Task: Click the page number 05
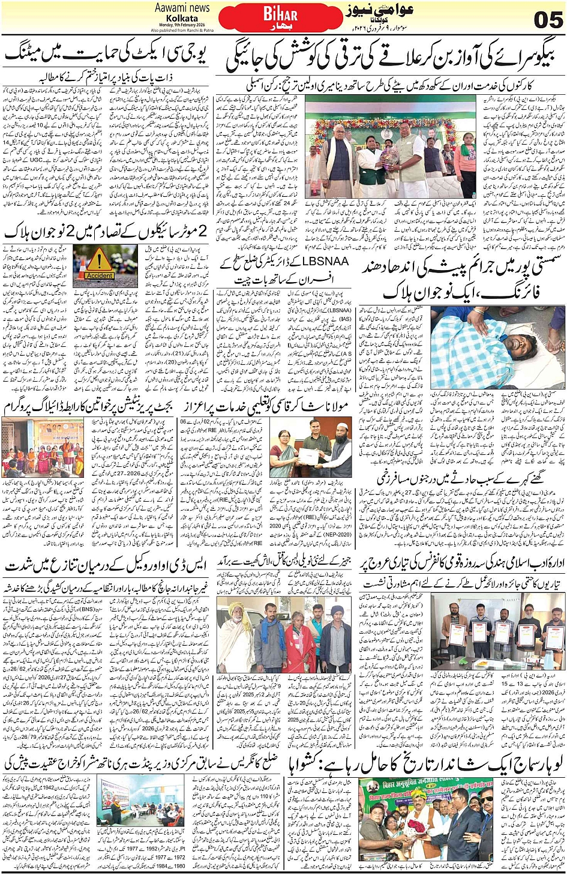click(x=548, y=20)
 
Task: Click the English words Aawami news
click(x=182, y=8)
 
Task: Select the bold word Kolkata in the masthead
click(x=182, y=18)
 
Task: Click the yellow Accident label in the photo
click(x=98, y=275)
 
